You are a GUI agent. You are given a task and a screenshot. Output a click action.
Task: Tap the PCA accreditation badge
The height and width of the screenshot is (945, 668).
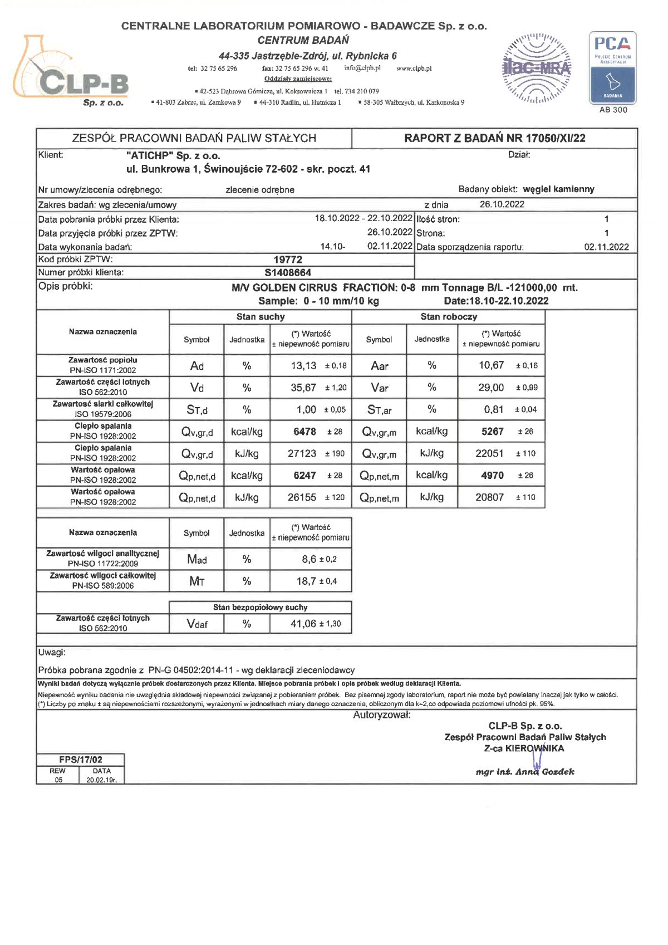click(612, 68)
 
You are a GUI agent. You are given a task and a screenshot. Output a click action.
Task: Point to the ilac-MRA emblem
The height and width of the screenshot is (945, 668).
click(537, 68)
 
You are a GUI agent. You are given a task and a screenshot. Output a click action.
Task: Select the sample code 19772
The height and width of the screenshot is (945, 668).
click(288, 259)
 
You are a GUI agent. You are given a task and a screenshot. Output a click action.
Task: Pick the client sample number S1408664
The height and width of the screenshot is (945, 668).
click(288, 273)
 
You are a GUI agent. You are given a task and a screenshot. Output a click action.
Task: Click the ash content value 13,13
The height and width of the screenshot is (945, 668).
click(303, 366)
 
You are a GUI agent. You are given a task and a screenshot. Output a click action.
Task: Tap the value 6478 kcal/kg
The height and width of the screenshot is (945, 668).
click(304, 432)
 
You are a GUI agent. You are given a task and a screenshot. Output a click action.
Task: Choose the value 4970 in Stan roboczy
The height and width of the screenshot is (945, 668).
click(492, 476)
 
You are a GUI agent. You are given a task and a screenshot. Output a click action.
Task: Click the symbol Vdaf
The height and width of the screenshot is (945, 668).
click(197, 624)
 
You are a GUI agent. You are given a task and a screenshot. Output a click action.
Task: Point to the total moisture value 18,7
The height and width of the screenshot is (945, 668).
click(306, 581)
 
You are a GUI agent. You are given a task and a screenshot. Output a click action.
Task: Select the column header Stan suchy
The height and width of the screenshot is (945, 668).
click(261, 317)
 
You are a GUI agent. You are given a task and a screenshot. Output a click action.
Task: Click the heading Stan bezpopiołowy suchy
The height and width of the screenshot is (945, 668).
click(260, 608)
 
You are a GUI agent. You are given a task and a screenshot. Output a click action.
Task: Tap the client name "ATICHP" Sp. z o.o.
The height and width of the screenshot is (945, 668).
click(173, 155)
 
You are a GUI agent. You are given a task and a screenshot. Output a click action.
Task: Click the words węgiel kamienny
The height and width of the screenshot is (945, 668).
click(559, 189)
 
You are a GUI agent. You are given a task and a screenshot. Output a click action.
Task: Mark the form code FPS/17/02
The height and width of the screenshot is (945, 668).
click(81, 760)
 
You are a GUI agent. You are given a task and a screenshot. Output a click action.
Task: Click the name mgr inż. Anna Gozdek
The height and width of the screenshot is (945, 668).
click(525, 772)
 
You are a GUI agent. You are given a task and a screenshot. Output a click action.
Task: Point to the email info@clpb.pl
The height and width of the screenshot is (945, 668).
click(362, 68)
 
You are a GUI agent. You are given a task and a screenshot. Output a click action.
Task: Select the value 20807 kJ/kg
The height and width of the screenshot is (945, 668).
click(489, 497)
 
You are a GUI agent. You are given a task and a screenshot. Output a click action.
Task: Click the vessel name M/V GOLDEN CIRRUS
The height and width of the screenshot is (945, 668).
click(284, 288)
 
